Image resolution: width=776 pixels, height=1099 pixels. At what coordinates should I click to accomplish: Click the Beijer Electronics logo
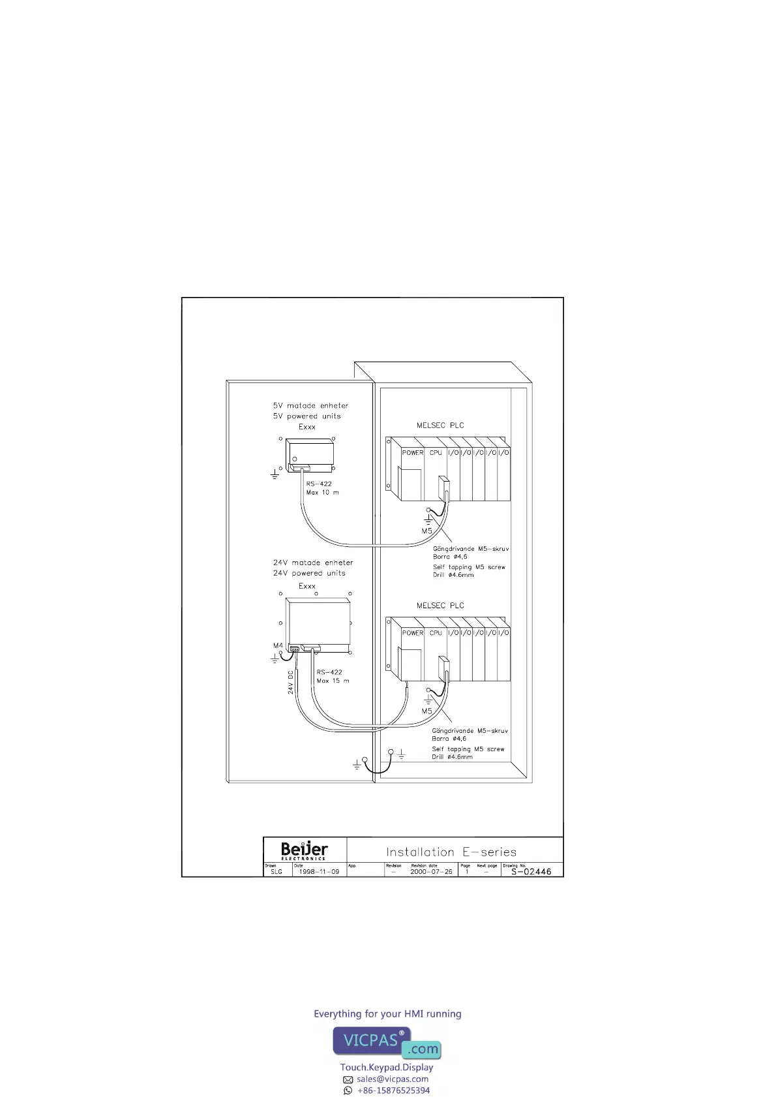(x=304, y=850)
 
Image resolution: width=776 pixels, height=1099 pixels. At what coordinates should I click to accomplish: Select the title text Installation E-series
(x=451, y=852)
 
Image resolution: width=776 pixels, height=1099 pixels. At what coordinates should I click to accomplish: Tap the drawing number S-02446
(x=531, y=871)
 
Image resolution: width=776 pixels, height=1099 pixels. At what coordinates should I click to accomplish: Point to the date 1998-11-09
(x=319, y=872)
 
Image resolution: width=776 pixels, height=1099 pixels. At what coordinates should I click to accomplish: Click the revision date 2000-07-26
(x=431, y=872)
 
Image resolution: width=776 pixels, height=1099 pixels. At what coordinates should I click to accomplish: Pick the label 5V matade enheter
(x=310, y=406)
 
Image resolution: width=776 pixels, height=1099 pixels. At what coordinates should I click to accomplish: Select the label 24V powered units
(x=309, y=573)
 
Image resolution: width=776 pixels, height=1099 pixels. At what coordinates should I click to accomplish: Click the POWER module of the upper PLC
(x=412, y=453)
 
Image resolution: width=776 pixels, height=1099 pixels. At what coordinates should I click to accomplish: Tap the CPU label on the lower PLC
(x=436, y=633)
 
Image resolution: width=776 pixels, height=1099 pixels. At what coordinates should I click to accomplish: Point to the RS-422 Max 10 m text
(x=322, y=488)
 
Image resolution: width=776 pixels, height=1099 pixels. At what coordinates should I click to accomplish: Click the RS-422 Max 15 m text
(x=333, y=676)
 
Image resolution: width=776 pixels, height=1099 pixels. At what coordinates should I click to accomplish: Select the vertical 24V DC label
(x=291, y=683)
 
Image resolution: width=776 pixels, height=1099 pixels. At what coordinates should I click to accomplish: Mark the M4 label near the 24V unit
(x=278, y=645)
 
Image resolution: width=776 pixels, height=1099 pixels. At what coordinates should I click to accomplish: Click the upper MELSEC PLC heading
(x=440, y=426)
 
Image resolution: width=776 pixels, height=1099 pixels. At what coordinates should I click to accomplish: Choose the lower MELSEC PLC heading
(x=440, y=606)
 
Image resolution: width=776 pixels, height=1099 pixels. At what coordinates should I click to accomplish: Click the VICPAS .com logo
(x=387, y=1042)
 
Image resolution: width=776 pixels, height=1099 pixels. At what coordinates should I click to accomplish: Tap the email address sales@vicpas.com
(x=392, y=1079)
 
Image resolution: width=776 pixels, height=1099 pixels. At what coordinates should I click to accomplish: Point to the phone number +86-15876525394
(x=393, y=1091)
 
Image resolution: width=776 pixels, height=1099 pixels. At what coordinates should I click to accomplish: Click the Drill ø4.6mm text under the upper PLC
(x=453, y=575)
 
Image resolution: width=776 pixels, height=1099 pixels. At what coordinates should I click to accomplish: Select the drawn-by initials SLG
(x=276, y=872)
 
